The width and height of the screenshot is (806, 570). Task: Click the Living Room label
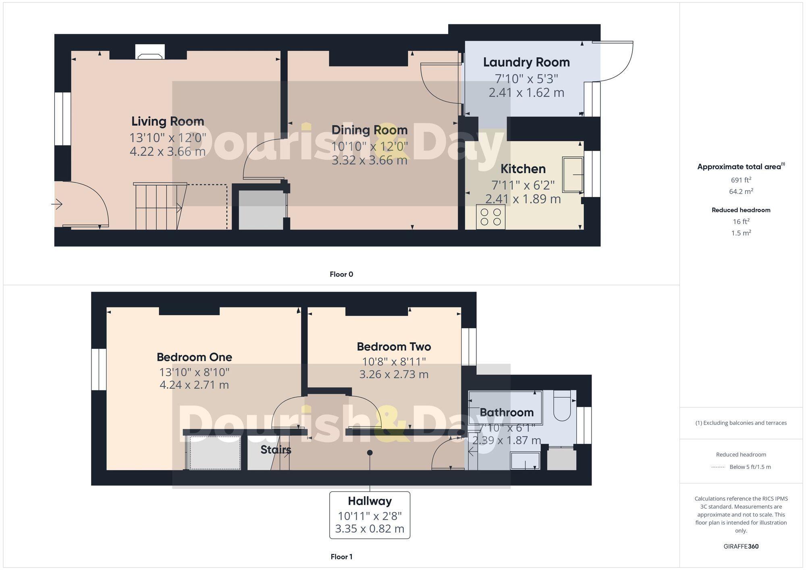[x=168, y=121]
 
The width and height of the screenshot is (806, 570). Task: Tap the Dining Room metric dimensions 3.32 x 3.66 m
[x=370, y=160]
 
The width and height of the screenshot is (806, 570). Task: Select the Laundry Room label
[x=526, y=62]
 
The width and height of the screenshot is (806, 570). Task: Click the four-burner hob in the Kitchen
[x=490, y=217]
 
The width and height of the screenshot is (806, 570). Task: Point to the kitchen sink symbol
[x=573, y=174]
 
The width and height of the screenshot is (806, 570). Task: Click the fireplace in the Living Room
[x=150, y=52]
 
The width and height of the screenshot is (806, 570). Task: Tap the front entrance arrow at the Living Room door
[x=57, y=205]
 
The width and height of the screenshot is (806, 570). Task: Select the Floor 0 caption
[x=341, y=274]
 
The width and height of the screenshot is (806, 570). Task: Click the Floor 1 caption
[x=341, y=557]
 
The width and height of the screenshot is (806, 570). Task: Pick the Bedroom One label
[x=194, y=357]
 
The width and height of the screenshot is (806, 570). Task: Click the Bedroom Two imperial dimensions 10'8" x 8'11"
[x=394, y=361]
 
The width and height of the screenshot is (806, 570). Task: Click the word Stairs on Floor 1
[x=276, y=450]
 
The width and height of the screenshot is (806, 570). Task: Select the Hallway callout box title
[x=370, y=501]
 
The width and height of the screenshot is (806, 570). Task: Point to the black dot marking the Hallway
[x=370, y=453]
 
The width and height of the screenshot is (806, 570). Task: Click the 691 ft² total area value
[x=741, y=180]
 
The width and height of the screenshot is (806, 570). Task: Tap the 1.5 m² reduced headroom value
[x=741, y=233]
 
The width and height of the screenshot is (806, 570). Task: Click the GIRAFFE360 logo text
[x=741, y=547]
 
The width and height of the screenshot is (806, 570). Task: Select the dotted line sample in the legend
[x=718, y=467]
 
